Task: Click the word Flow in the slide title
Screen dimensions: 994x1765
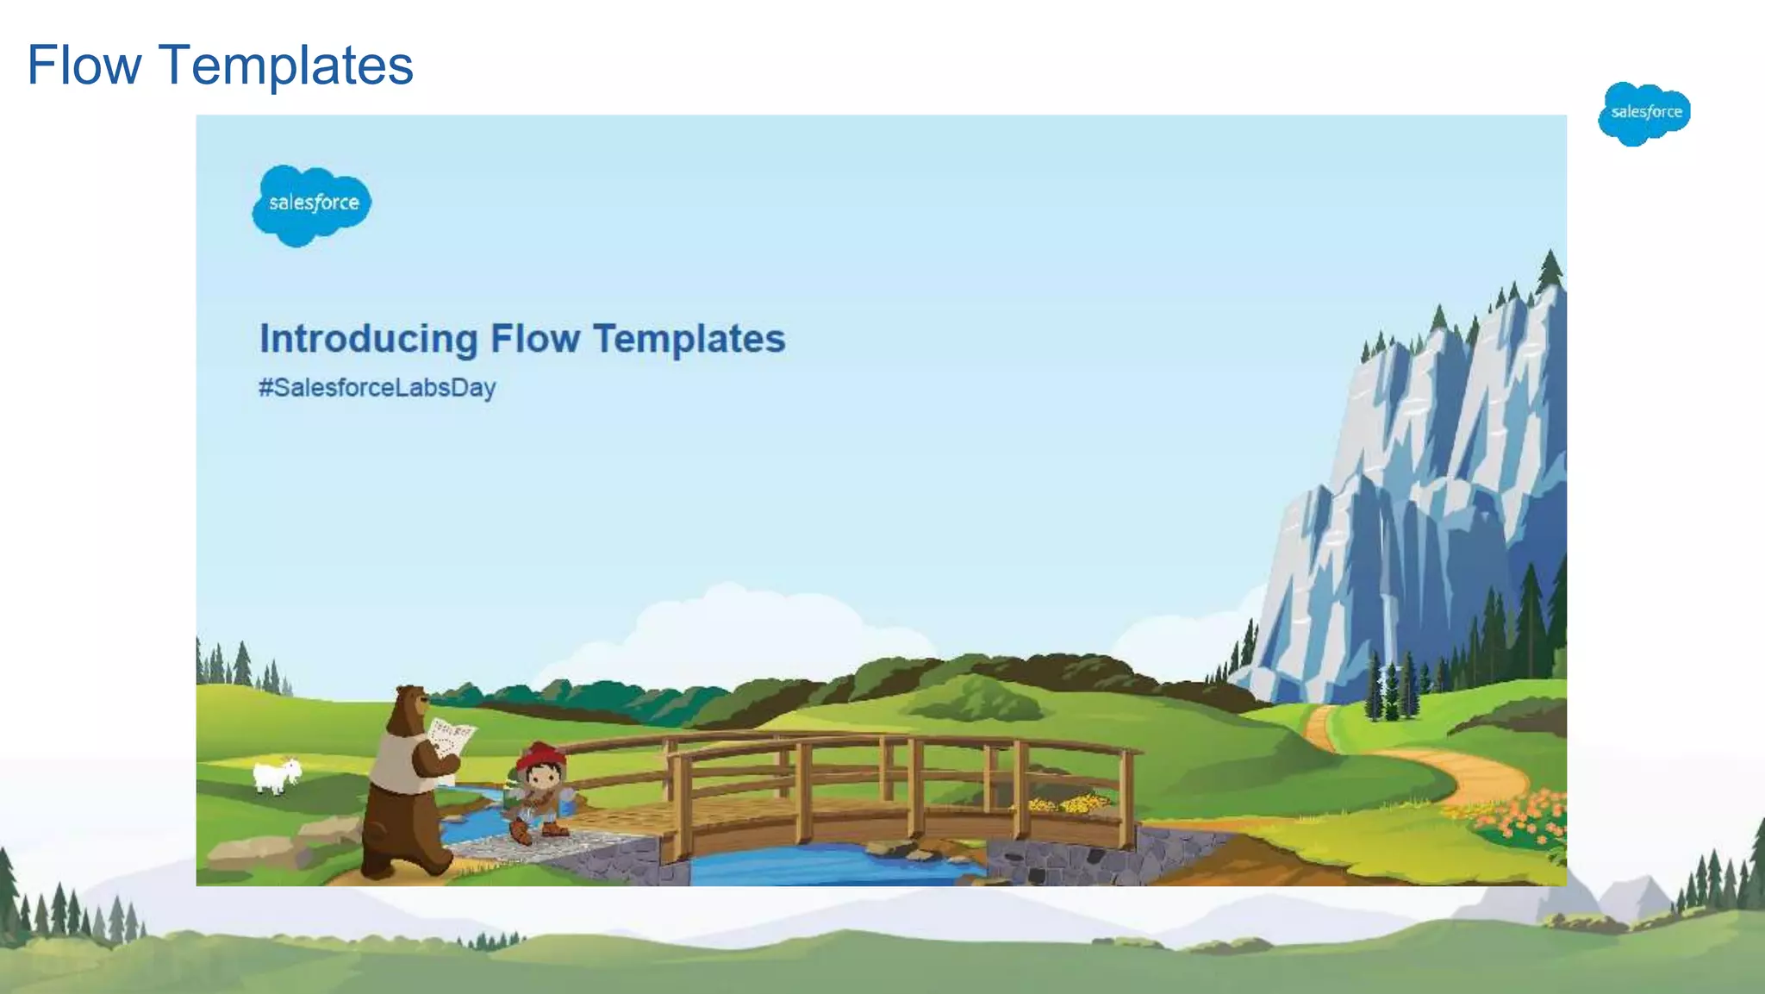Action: [x=84, y=66]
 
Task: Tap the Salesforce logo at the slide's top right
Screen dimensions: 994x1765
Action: [x=1644, y=113]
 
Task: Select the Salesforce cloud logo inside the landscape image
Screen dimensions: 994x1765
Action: [x=312, y=204]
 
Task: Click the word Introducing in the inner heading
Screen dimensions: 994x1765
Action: [x=368, y=339]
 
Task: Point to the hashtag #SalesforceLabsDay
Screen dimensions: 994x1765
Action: [x=377, y=388]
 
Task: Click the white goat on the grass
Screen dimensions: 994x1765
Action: [x=276, y=774]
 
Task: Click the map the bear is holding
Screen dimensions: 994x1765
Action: [x=451, y=740]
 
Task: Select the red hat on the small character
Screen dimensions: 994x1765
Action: [x=541, y=756]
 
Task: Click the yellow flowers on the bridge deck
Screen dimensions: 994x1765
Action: [x=1073, y=803]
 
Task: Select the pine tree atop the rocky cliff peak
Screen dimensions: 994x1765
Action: [x=1550, y=269]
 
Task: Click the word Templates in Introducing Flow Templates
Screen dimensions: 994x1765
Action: [x=689, y=339]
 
